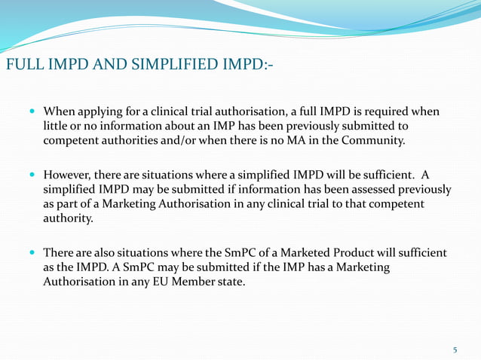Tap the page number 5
click(455, 349)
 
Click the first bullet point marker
click(31, 111)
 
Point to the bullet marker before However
click(31, 175)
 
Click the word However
click(70, 175)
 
